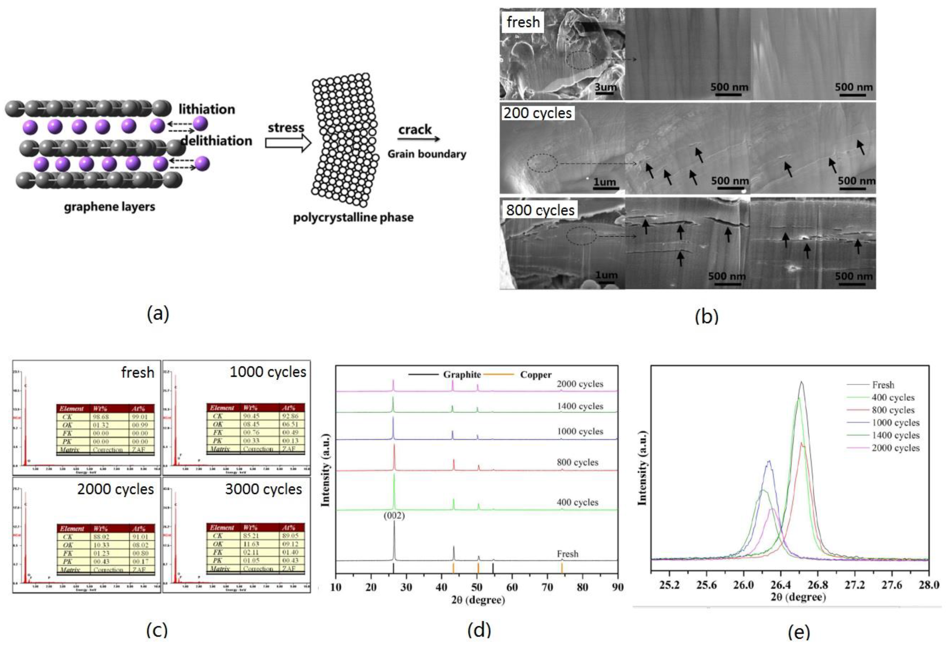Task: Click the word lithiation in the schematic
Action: (x=207, y=109)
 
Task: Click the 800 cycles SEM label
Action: (x=540, y=210)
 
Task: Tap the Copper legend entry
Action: (x=536, y=375)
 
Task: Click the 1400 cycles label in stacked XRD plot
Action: (x=580, y=406)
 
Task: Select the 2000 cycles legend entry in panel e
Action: (x=895, y=448)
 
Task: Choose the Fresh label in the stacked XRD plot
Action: (x=567, y=554)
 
